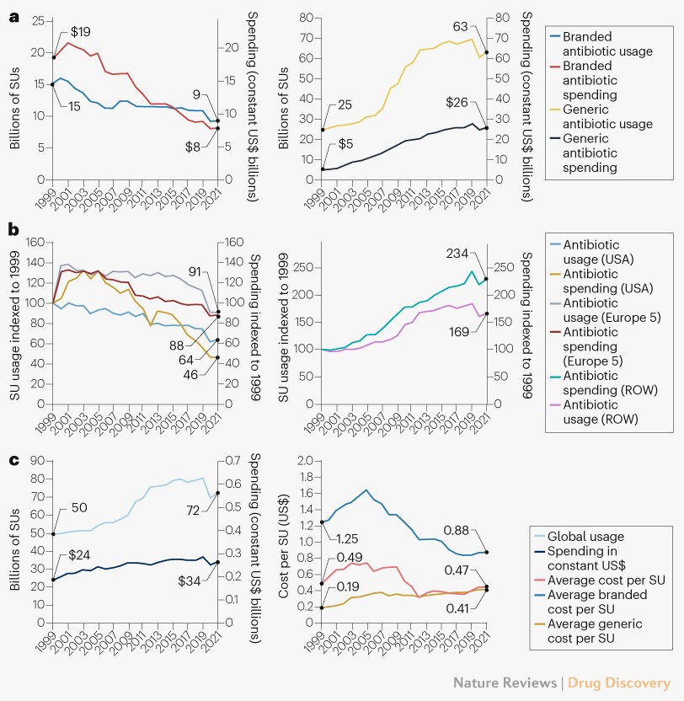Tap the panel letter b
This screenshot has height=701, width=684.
(x=13, y=227)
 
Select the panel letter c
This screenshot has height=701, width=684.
(x=13, y=460)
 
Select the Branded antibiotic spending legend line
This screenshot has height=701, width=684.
(x=554, y=65)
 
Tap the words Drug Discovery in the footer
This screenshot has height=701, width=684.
(x=618, y=682)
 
